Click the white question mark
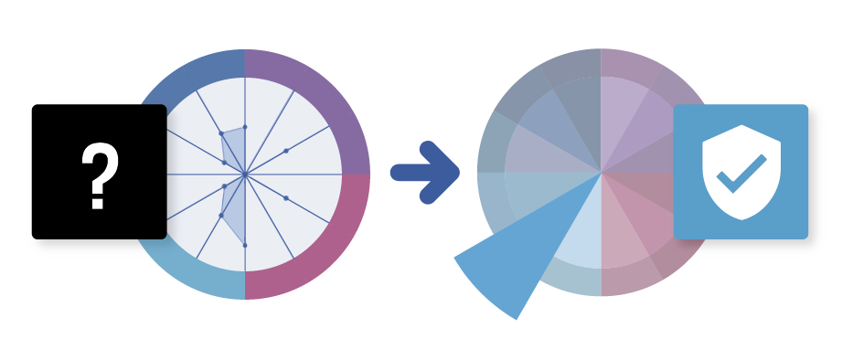tap(100, 174)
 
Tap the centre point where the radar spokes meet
tap(245, 173)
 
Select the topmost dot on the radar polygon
tap(244, 127)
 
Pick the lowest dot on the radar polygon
tap(244, 245)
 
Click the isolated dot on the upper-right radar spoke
tap(286, 150)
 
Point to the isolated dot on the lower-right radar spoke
tap(286, 197)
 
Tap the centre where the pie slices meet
tap(601, 173)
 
